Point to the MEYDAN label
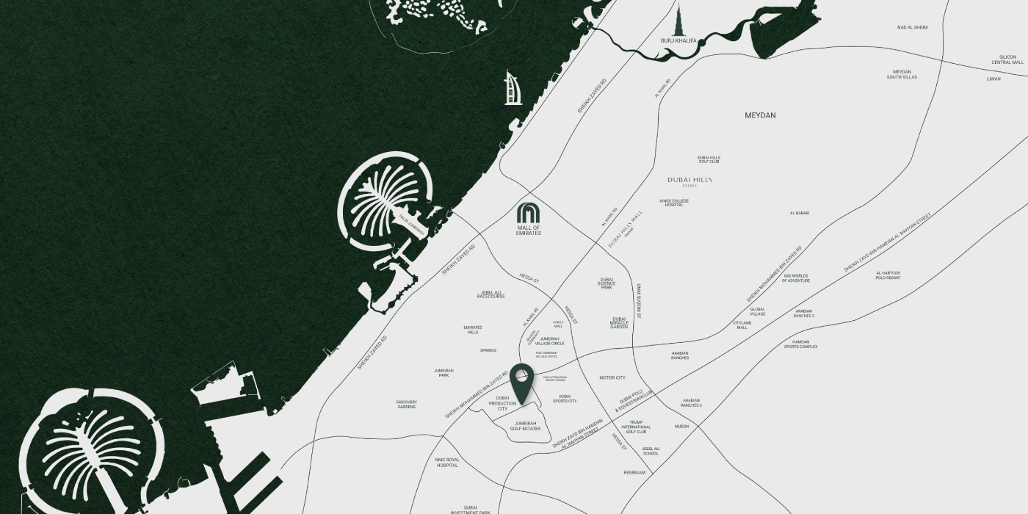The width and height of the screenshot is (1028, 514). click(760, 115)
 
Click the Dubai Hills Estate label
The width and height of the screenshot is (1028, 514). click(689, 181)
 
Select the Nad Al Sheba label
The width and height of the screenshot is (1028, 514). click(912, 28)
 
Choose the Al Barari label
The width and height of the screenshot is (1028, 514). click(800, 213)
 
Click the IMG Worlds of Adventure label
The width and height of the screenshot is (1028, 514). click(796, 278)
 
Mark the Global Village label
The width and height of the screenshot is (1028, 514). click(757, 311)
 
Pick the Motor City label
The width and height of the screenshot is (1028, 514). click(612, 377)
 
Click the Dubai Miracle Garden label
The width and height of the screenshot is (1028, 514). click(619, 322)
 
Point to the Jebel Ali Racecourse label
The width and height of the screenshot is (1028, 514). click(491, 294)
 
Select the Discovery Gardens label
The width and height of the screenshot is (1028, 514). click(406, 404)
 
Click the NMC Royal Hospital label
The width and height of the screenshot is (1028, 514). click(447, 463)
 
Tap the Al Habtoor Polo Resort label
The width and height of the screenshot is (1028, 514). click(888, 275)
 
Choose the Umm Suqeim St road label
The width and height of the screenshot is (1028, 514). click(639, 301)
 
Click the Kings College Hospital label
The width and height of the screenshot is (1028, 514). click(674, 203)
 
